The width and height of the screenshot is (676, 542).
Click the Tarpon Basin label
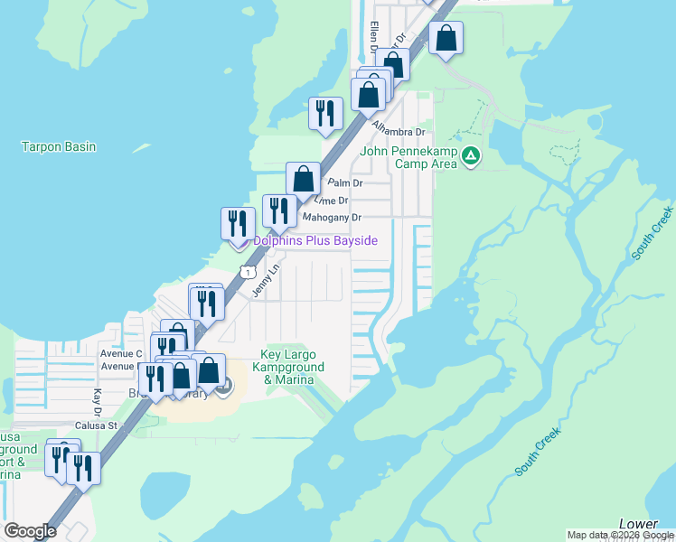tap(59, 146)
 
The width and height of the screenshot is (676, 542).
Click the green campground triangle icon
tap(470, 157)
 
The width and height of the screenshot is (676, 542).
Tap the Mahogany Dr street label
tap(332, 218)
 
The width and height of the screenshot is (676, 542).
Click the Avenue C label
tap(121, 353)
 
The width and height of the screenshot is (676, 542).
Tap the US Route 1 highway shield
tap(247, 272)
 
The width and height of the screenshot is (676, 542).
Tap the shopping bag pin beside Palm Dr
tap(304, 178)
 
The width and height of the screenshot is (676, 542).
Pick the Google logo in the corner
tap(30, 531)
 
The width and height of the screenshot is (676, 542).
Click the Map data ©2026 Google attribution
tap(620, 535)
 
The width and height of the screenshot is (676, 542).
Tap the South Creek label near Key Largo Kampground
tap(538, 452)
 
